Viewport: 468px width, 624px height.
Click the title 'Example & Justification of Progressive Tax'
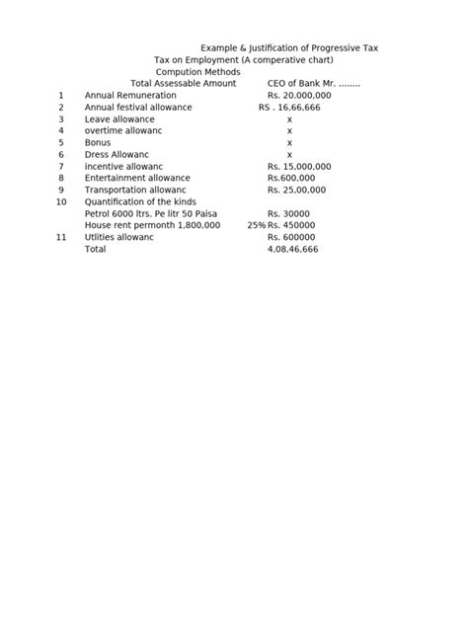290,47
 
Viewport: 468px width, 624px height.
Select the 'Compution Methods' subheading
197,71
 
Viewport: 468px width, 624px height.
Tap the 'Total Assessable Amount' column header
184,83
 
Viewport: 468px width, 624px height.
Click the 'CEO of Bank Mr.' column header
314,83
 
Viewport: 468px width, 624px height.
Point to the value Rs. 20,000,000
299,95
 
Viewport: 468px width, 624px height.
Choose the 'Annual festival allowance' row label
138,107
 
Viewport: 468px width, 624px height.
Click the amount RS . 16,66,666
289,107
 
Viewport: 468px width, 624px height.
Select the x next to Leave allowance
289,118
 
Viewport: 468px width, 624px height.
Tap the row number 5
61,142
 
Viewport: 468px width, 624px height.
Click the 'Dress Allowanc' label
117,154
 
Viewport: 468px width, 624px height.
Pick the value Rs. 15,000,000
299,166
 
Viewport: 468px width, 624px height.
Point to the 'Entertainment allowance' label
137,178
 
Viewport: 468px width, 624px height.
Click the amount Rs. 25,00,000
299,190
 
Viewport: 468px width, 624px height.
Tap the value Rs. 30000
288,213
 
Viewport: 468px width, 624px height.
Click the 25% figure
257,225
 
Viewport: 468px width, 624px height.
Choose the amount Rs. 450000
291,225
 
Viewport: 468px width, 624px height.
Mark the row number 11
61,237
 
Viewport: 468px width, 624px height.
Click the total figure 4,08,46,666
292,250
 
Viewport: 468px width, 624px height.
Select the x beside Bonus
289,142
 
